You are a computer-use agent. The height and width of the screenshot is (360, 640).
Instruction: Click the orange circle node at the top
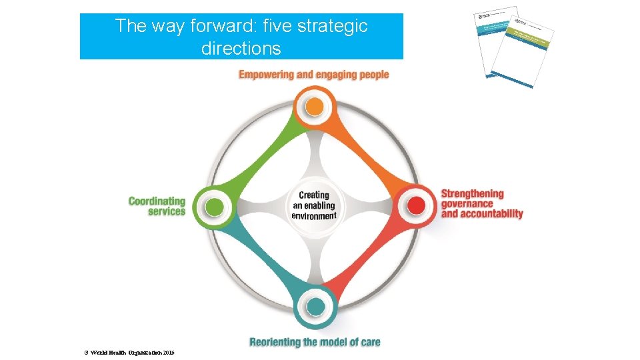pos(315,107)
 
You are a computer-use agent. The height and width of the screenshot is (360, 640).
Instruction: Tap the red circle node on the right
pos(416,205)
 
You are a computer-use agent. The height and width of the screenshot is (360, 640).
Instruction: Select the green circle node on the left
pos(214,207)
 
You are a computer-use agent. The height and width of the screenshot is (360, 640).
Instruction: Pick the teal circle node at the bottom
pos(315,306)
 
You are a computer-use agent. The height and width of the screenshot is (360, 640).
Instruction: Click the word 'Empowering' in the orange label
pos(266,75)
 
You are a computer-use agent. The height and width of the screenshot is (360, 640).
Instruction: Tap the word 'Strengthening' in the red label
pos(473,194)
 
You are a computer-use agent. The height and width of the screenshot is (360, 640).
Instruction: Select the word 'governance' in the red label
pos(467,204)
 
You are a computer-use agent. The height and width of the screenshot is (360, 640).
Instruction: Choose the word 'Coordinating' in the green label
pos(157,201)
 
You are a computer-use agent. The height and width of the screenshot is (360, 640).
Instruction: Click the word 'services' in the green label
pos(167,211)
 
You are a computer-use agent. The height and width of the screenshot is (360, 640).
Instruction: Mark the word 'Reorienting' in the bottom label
pos(274,343)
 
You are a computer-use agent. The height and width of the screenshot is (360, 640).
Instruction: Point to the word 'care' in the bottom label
pos(369,343)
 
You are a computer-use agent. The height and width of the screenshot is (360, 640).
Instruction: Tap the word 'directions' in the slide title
pos(241,49)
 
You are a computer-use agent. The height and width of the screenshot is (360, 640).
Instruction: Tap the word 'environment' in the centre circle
pos(314,215)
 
